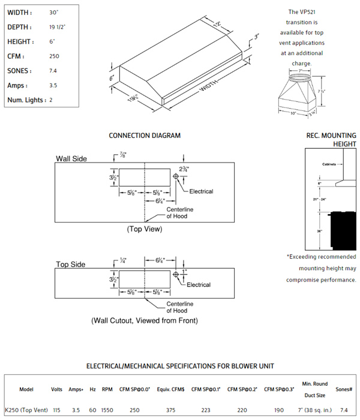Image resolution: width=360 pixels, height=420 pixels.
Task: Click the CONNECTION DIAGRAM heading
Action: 145,136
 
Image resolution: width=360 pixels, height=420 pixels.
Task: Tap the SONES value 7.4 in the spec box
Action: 54,71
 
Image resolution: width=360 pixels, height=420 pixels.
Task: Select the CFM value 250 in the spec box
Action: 55,56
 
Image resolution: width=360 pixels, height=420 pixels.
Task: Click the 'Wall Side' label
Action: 71,159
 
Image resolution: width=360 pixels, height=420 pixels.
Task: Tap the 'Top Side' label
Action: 70,264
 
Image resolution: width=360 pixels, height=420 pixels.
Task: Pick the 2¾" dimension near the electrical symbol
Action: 184,169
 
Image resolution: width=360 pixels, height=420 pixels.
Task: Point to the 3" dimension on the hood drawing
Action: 256,37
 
